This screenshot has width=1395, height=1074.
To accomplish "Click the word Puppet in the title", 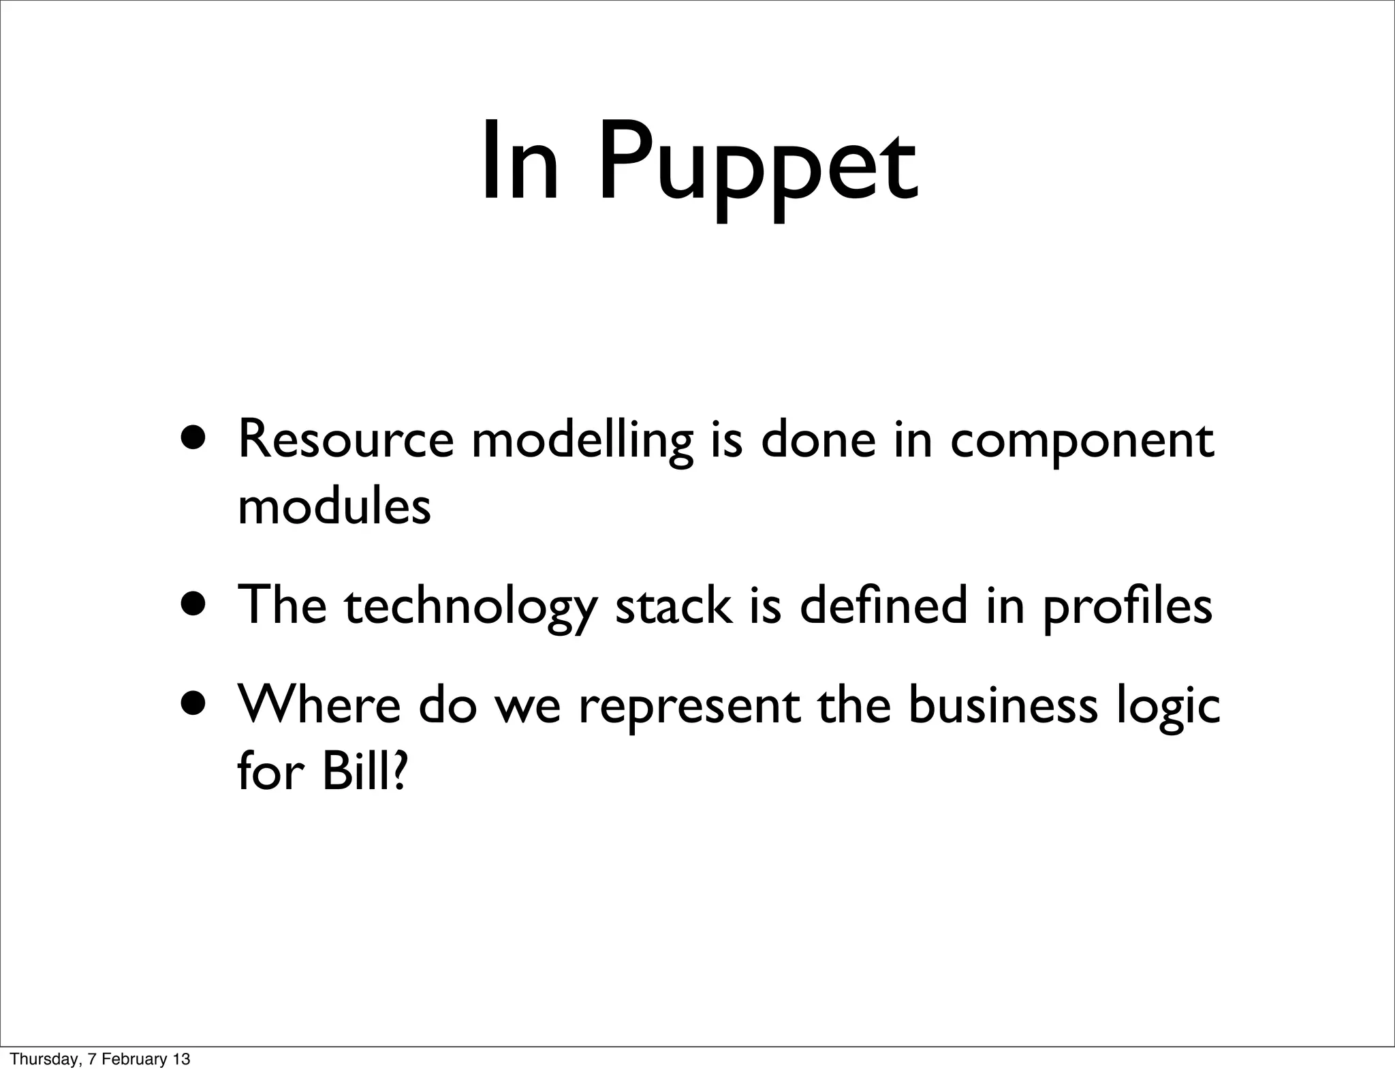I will point(757,167).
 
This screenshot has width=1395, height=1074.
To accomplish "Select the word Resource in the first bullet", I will point(345,440).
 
